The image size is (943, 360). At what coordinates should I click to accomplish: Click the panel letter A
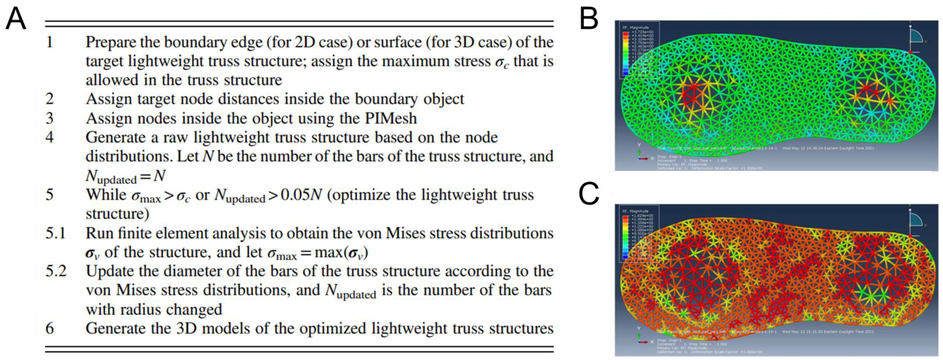click(x=16, y=19)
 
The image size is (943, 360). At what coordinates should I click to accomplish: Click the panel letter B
click(x=589, y=19)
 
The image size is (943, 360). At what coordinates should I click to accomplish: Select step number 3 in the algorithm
click(x=49, y=118)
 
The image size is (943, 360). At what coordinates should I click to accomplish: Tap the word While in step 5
click(x=106, y=195)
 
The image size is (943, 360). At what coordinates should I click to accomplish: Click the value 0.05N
click(x=301, y=195)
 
